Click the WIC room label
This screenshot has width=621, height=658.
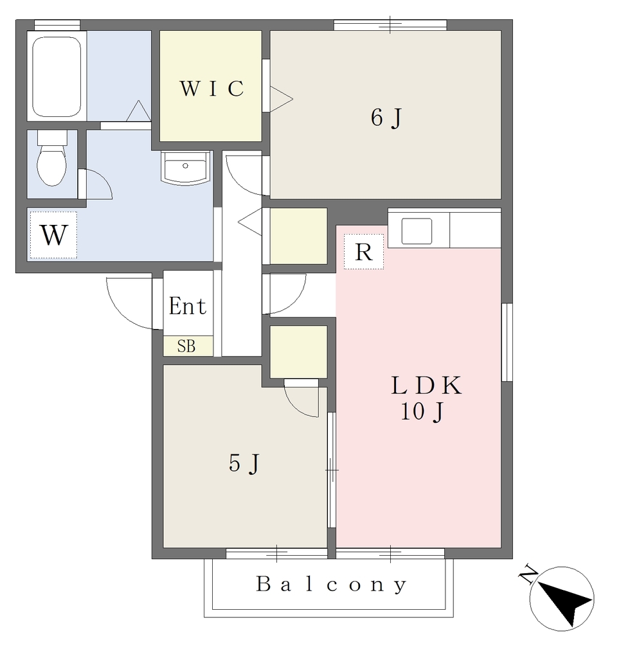(212, 88)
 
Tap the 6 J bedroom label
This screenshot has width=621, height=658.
(386, 118)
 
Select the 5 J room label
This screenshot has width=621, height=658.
(244, 463)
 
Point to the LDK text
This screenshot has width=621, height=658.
(427, 386)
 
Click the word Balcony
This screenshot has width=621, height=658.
(331, 583)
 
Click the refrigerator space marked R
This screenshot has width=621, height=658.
(364, 252)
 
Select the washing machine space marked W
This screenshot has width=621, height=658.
(53, 235)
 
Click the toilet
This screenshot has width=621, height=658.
(52, 158)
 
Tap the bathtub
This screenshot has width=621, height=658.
(57, 77)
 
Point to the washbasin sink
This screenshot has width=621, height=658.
(185, 168)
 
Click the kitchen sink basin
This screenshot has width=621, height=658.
(417, 231)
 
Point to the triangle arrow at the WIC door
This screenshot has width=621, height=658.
(280, 100)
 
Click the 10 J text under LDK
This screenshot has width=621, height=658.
(422, 412)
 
